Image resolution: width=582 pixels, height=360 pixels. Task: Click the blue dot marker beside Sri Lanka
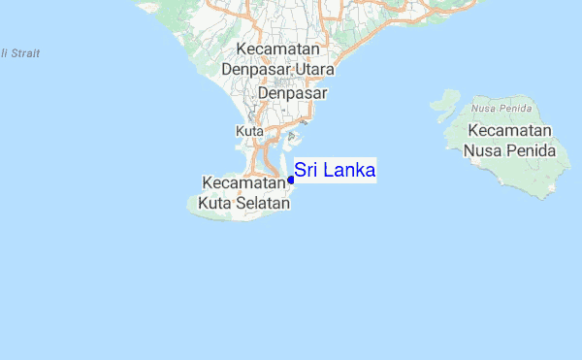pos(291,180)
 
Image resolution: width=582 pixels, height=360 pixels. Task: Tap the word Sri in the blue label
pos(306,171)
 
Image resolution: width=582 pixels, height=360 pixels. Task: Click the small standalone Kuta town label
pos(246,130)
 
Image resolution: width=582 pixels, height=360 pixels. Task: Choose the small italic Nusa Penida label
pos(496,108)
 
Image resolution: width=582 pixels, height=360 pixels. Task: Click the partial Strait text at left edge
pos(21,53)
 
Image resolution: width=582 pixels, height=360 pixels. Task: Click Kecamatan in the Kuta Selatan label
pos(241,181)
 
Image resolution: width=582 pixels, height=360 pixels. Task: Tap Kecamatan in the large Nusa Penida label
pos(508,130)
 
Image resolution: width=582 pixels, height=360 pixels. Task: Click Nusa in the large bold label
pos(481,151)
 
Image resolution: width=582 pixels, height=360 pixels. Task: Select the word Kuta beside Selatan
pos(214,204)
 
